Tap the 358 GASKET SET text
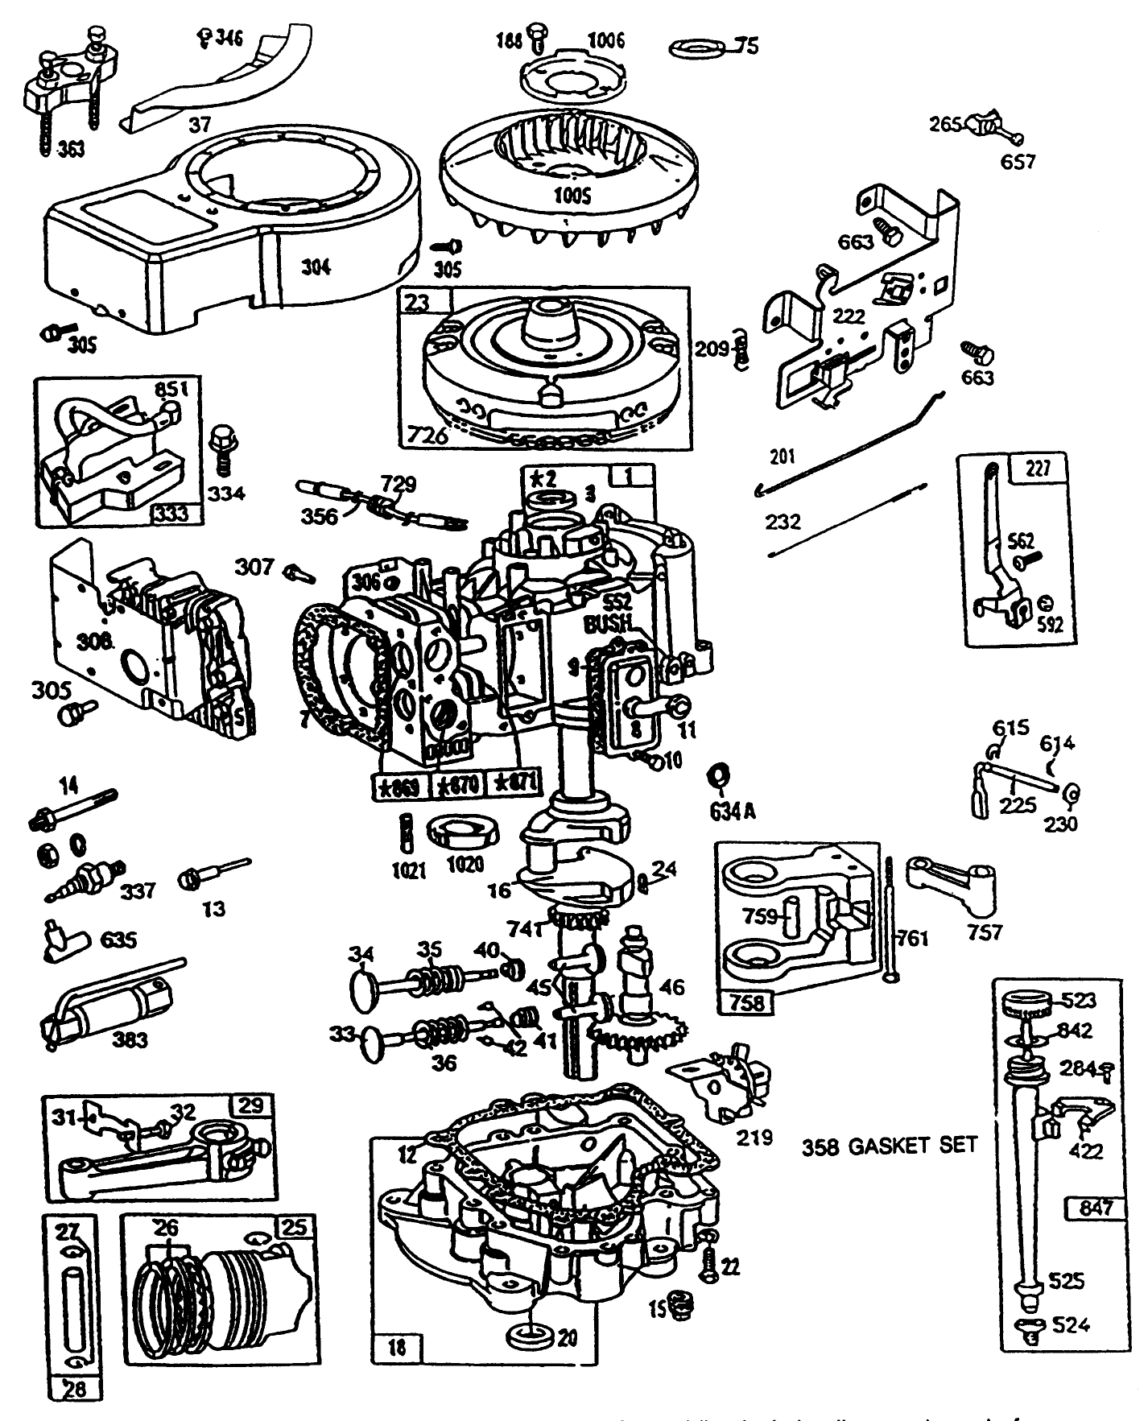pyautogui.click(x=889, y=1145)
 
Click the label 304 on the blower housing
pyautogui.click(x=316, y=267)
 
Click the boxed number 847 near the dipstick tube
pyautogui.click(x=1095, y=1207)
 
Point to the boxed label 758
pyautogui.click(x=746, y=1003)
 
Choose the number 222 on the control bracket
pyautogui.click(x=849, y=316)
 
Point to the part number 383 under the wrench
pyautogui.click(x=131, y=1039)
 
